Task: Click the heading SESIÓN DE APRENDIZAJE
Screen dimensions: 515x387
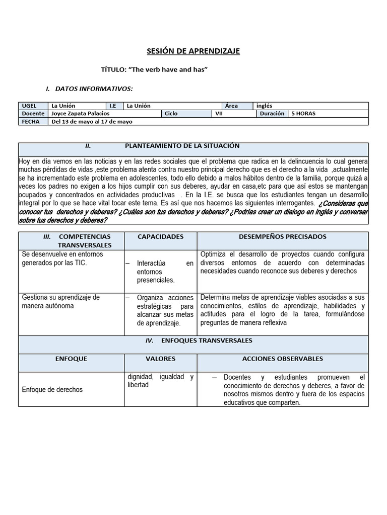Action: pos(193,51)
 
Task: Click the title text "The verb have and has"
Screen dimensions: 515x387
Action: pos(155,70)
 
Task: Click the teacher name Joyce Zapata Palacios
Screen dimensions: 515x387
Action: pos(81,114)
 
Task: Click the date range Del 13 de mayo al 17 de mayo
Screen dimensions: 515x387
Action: pos(92,122)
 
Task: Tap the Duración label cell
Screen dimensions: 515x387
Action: pos(272,114)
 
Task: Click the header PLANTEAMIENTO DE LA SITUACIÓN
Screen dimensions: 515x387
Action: pos(182,146)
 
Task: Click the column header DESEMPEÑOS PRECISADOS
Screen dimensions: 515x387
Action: pos(283,236)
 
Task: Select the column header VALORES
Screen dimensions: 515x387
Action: pos(160,359)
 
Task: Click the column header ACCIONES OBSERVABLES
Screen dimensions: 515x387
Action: pos(283,359)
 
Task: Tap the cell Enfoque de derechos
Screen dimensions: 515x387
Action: pos(52,389)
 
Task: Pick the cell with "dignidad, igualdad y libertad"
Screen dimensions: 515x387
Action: pos(160,381)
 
